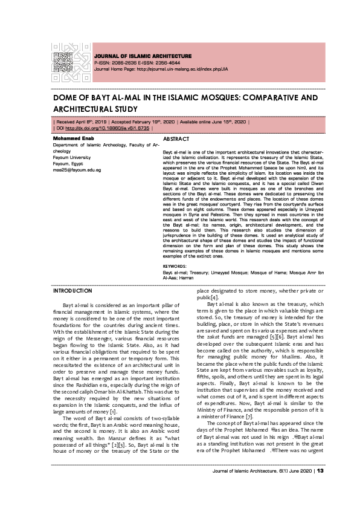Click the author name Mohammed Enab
click(x=71, y=138)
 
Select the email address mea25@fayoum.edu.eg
click(x=77, y=170)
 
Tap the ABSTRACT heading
click(x=176, y=138)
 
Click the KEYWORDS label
click(x=175, y=266)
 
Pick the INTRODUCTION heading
click(x=73, y=291)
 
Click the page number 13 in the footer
click(x=321, y=487)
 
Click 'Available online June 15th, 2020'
click(x=215, y=122)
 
